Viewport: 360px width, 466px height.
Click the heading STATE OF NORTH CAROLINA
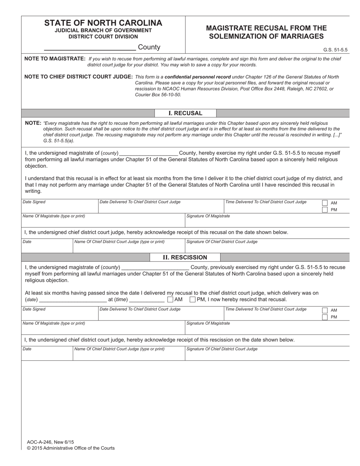point(103,23)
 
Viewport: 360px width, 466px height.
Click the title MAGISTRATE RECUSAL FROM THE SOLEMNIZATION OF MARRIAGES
point(266,32)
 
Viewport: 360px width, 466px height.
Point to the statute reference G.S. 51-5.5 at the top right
point(335,50)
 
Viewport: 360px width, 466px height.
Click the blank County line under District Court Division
point(90,47)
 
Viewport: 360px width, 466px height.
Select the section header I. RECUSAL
point(185,113)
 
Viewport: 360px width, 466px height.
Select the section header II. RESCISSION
point(185,258)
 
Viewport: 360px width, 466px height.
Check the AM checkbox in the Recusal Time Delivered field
point(325,203)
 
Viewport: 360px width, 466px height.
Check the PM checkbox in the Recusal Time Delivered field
point(325,210)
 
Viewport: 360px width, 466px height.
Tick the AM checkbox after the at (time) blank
point(171,300)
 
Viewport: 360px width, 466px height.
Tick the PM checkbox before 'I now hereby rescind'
point(193,300)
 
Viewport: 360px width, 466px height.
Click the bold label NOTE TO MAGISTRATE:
point(55,59)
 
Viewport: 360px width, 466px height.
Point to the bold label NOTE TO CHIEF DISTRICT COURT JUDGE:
point(78,77)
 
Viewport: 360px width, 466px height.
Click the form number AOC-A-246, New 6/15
point(50,442)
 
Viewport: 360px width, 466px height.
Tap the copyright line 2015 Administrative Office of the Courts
point(70,448)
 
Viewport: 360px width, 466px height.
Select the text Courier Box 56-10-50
point(158,95)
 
